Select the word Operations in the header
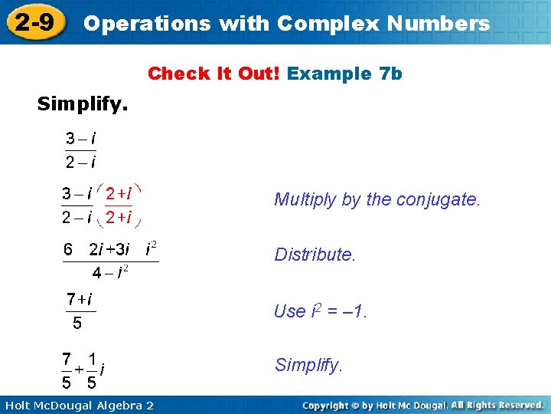click(x=147, y=23)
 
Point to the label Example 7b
click(x=344, y=74)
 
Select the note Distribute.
click(x=315, y=255)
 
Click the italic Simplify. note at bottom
click(x=308, y=365)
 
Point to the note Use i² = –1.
click(x=321, y=311)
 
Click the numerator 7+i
click(x=80, y=298)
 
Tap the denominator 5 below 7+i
click(x=77, y=323)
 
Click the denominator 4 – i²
click(x=110, y=272)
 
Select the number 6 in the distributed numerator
click(x=68, y=249)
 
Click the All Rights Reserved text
click(x=497, y=405)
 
